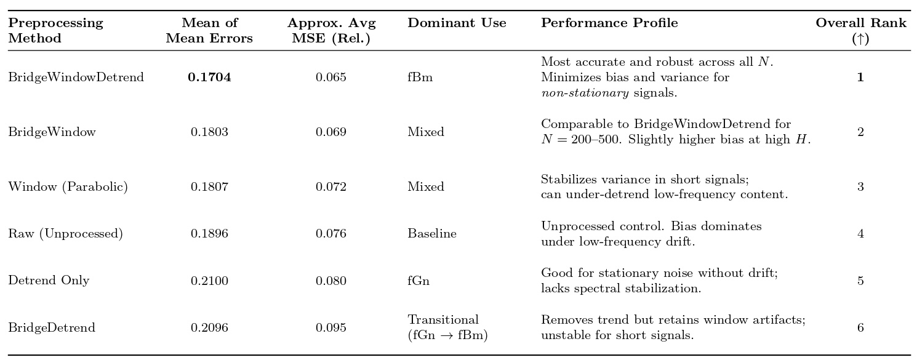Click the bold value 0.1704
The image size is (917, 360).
click(209, 78)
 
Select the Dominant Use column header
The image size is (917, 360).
click(457, 23)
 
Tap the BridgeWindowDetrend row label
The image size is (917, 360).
click(76, 78)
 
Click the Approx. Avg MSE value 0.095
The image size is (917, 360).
click(331, 328)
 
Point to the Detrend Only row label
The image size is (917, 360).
click(49, 281)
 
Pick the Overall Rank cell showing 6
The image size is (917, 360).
click(860, 328)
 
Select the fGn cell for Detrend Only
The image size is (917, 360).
click(418, 281)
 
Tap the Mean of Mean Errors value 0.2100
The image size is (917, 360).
click(209, 281)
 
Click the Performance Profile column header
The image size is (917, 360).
click(609, 23)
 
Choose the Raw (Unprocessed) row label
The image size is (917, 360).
click(65, 234)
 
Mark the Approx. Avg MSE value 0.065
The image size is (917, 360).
click(331, 78)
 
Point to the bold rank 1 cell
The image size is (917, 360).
click(860, 78)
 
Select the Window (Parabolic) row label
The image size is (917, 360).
click(68, 187)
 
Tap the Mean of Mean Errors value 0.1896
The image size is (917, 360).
click(209, 234)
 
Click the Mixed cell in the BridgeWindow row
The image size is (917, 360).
click(425, 132)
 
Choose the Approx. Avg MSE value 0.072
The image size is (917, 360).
click(331, 187)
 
